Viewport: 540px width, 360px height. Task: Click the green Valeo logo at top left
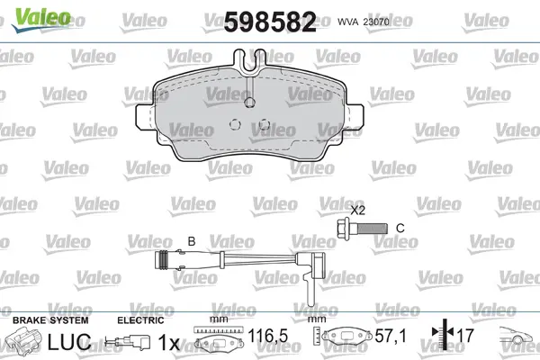pyautogui.click(x=40, y=19)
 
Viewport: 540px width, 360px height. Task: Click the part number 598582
pyautogui.click(x=270, y=22)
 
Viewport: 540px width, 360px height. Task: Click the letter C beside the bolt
pyautogui.click(x=400, y=228)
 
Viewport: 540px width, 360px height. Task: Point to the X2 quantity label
pyautogui.click(x=358, y=210)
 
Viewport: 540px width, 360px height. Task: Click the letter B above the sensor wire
pyautogui.click(x=192, y=241)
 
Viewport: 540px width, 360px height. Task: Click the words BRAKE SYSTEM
pyautogui.click(x=50, y=320)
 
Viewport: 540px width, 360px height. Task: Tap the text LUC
pyautogui.click(x=69, y=342)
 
